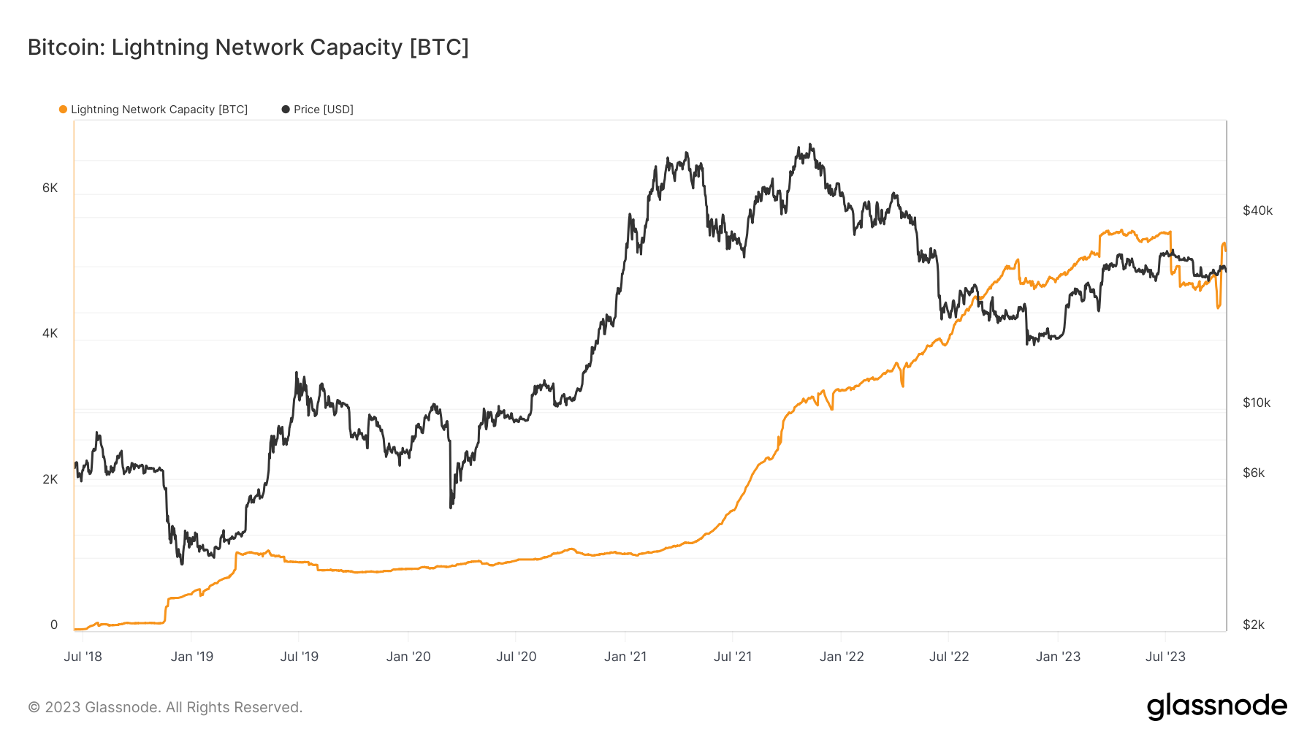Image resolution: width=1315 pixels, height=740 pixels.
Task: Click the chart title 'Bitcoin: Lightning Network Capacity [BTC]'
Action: point(248,47)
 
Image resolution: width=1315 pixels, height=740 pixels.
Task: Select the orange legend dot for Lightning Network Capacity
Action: point(63,110)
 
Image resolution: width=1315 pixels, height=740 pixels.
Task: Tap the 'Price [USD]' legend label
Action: point(323,110)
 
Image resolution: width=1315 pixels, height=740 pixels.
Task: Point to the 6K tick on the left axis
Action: point(50,188)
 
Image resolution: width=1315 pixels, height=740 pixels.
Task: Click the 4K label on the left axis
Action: point(50,333)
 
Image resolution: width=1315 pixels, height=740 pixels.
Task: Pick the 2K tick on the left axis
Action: point(50,479)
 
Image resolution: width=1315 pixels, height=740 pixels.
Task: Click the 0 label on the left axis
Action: point(54,625)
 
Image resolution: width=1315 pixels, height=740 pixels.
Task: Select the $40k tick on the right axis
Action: point(1257,210)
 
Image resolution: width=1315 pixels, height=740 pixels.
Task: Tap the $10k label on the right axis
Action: point(1257,403)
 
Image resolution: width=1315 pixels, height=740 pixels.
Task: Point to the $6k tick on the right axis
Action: point(1254,473)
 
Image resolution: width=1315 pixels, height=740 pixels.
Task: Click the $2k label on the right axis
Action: point(1254,625)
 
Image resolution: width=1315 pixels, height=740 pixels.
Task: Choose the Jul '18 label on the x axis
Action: point(83,656)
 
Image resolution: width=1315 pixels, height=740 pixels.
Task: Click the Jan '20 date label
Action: point(408,656)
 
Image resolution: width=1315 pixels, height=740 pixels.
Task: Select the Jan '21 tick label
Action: point(625,656)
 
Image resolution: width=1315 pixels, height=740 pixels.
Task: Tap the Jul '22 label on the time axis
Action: point(949,656)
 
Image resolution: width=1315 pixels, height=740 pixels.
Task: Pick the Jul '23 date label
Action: point(1165,656)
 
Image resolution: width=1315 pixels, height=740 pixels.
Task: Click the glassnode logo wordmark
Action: point(1216,706)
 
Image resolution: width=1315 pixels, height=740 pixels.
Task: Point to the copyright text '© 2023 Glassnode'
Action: point(165,707)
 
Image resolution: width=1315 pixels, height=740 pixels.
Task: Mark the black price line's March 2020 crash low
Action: point(451,507)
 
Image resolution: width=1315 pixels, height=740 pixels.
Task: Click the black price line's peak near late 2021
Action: point(810,145)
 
